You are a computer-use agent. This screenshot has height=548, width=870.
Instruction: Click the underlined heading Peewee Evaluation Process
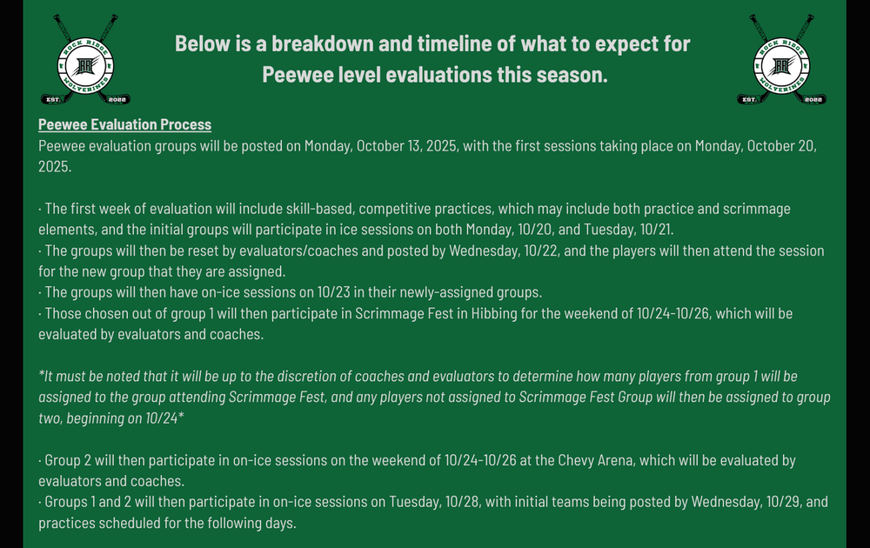pyautogui.click(x=124, y=124)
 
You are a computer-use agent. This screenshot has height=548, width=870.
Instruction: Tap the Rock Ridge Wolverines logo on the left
pyautogui.click(x=85, y=59)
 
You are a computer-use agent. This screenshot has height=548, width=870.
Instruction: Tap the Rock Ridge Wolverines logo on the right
pyautogui.click(x=782, y=59)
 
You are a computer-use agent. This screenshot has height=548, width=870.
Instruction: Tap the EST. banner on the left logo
pyautogui.click(x=53, y=100)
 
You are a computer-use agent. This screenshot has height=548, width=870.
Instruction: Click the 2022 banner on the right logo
pyautogui.click(x=813, y=100)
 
